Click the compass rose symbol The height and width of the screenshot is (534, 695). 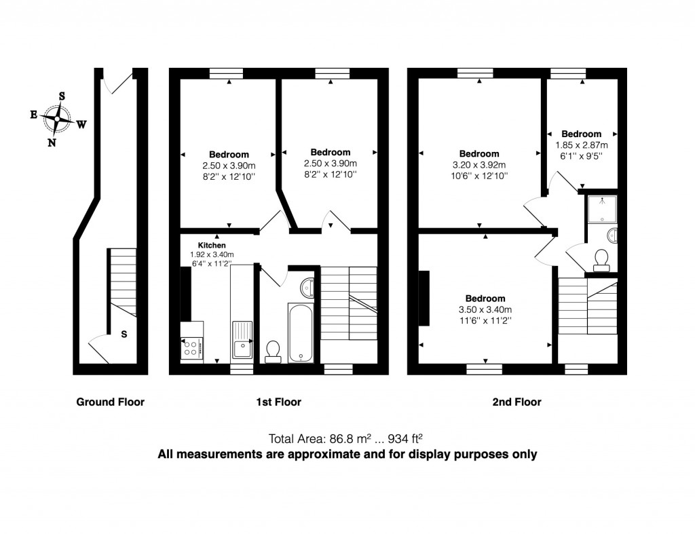click(x=57, y=119)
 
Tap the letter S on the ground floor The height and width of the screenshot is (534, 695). click(x=124, y=334)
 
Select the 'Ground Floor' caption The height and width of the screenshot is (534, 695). click(x=110, y=402)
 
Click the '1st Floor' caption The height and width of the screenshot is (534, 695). click(x=278, y=402)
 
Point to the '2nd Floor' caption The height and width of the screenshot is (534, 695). click(x=516, y=402)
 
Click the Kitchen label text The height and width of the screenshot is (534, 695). click(x=212, y=245)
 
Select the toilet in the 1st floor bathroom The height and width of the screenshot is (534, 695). click(x=274, y=349)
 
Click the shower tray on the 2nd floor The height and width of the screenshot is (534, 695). click(x=601, y=208)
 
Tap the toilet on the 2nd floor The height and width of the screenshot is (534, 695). click(x=601, y=259)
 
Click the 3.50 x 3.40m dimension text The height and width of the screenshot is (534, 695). click(x=485, y=310)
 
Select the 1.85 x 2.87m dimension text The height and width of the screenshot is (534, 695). click(x=582, y=145)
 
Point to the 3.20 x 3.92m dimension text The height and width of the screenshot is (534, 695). click(x=479, y=164)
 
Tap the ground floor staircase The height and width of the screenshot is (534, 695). click(x=123, y=275)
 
